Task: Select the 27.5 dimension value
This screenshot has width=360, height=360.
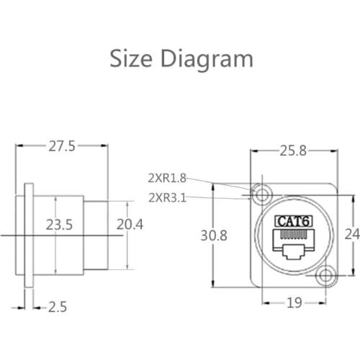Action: (x=62, y=146)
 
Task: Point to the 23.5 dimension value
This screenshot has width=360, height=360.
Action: (x=60, y=225)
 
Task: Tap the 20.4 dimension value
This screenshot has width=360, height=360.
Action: (x=130, y=225)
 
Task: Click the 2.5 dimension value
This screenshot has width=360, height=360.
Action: (x=58, y=307)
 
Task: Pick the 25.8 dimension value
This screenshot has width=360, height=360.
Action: (x=293, y=150)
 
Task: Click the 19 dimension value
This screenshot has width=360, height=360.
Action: (x=294, y=303)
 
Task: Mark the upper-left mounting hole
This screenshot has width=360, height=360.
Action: (x=260, y=194)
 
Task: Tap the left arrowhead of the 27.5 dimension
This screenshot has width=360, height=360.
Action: (x=19, y=146)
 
